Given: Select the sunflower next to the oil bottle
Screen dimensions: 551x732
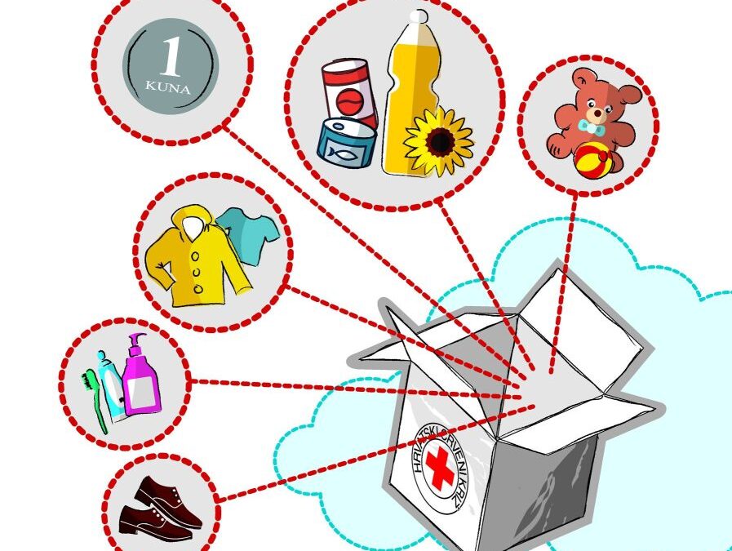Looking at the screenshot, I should coord(439,141).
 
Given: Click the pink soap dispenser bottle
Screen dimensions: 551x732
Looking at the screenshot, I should coord(140,384).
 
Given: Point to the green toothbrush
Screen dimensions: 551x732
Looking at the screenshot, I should coord(95,401).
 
